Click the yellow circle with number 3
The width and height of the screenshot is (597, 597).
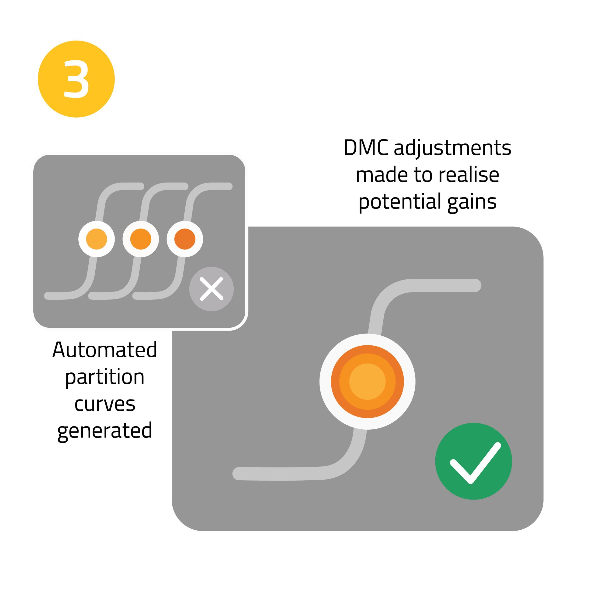click(x=76, y=79)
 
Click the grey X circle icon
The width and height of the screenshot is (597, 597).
click(x=211, y=289)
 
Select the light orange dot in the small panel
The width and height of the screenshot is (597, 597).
click(x=96, y=239)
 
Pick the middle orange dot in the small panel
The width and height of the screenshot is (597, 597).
click(x=141, y=239)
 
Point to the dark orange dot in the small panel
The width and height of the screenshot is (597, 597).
click(x=185, y=239)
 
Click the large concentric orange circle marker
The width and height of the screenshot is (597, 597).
click(x=367, y=381)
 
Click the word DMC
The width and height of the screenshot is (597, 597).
click(x=366, y=148)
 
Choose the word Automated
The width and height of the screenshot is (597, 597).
click(x=105, y=350)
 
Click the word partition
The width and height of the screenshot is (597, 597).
click(x=105, y=377)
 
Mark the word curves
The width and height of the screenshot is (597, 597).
click(x=105, y=404)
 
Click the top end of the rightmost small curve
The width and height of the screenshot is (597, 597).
click(x=228, y=186)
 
